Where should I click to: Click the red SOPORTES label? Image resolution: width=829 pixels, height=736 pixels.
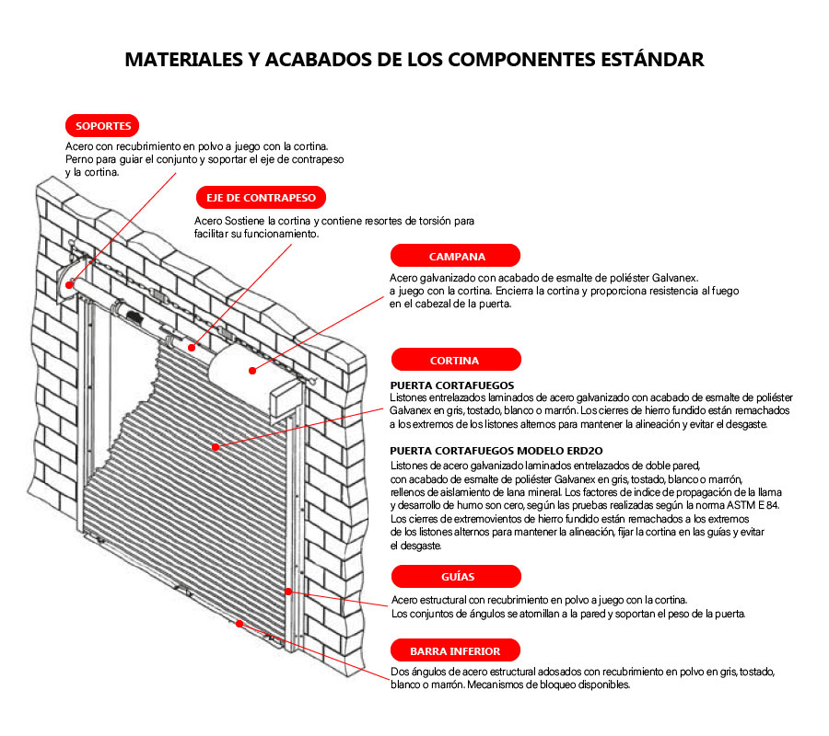pyautogui.click(x=102, y=126)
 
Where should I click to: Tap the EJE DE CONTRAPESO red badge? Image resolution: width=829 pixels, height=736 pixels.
pyautogui.click(x=261, y=198)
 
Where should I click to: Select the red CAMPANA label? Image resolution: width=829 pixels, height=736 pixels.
pyautogui.click(x=455, y=256)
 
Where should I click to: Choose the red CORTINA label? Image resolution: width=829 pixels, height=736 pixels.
pyautogui.click(x=456, y=360)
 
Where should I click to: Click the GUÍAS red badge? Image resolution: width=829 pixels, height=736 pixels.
pyautogui.click(x=456, y=577)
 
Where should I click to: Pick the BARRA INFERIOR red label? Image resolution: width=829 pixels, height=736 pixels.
pyautogui.click(x=455, y=651)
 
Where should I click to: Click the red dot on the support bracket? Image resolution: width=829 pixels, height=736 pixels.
pyautogui.click(x=69, y=285)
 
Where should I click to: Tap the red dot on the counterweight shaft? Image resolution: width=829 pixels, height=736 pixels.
pyautogui.click(x=192, y=348)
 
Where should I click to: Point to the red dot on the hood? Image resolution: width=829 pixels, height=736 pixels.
pyautogui.click(x=252, y=371)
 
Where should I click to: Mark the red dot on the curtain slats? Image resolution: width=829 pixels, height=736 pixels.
pyautogui.click(x=216, y=447)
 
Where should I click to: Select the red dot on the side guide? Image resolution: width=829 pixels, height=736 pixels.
pyautogui.click(x=288, y=592)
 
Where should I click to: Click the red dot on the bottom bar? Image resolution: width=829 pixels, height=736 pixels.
pyautogui.click(x=239, y=624)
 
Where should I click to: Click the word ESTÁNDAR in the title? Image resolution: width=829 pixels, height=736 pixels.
pyautogui.click(x=652, y=59)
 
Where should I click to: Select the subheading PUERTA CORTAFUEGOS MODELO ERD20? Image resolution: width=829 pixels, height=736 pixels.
pyautogui.click(x=496, y=451)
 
